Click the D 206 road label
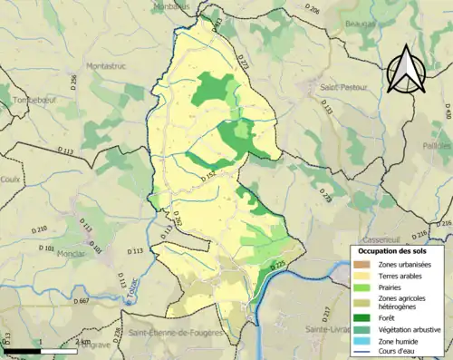click(x=313, y=9)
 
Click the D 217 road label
click(x=326, y=313)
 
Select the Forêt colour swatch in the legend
click(x=361, y=316)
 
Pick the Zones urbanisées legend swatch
click(x=361, y=264)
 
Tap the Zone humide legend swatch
click(x=361, y=341)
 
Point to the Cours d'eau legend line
click(x=361, y=352)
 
